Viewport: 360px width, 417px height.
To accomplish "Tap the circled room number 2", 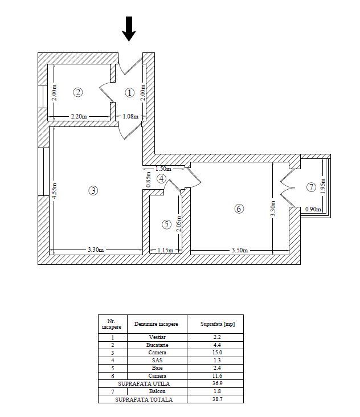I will coord(78,92).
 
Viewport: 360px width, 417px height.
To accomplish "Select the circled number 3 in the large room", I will coord(93,190).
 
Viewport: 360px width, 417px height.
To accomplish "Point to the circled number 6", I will coord(239,208).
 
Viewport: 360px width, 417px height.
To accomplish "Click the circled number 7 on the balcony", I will coord(310,187).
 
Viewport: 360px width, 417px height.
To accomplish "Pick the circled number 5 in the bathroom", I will coord(166,224).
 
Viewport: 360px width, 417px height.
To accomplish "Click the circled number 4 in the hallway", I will coord(162,178).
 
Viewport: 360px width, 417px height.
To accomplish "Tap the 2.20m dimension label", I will coord(79,116).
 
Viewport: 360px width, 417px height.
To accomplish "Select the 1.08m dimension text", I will coord(130,116).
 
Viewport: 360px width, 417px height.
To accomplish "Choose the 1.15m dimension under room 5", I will coord(165,250).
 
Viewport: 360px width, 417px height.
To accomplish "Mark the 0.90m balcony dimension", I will coord(313,209).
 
